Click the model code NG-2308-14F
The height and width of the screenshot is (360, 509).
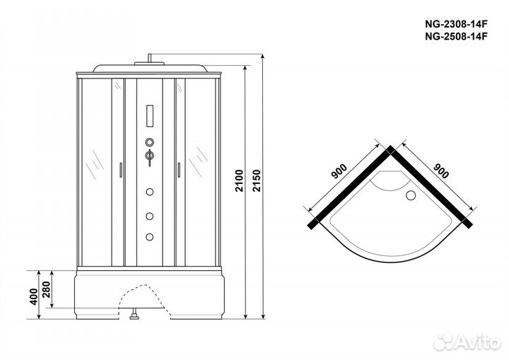[x=456, y=24]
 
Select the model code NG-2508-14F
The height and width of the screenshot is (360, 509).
[x=456, y=36]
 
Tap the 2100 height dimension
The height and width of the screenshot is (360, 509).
[x=239, y=180]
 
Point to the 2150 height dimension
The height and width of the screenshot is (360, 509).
[x=257, y=180]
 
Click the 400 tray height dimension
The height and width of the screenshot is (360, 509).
[x=33, y=296]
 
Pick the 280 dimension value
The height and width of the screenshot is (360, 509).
[x=47, y=289]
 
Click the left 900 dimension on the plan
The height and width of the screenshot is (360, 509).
[x=339, y=172]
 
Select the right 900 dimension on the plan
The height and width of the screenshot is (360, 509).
[x=441, y=171]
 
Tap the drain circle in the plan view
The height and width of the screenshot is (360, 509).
[x=411, y=195]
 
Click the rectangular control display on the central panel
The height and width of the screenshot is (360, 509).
[x=150, y=116]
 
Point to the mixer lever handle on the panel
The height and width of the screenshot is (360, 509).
[x=149, y=158]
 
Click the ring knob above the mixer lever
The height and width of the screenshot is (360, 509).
[x=149, y=142]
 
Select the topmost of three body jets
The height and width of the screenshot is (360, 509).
[x=149, y=192]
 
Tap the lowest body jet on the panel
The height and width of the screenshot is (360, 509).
[x=149, y=237]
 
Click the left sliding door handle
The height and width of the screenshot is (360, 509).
[x=121, y=170]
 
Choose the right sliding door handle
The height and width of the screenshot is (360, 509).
[x=179, y=170]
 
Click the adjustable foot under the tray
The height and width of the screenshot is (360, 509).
[x=134, y=315]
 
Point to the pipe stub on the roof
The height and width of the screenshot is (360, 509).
[x=149, y=58]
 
